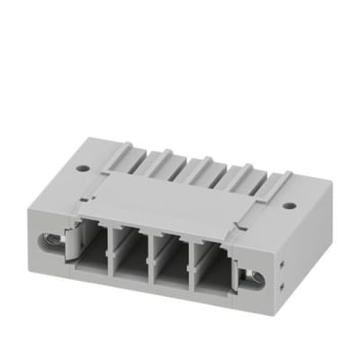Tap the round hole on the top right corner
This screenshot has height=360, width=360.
pos(289,205)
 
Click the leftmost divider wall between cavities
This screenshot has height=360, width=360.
pos(112,251)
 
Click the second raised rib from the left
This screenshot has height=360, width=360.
pos(161,154)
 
